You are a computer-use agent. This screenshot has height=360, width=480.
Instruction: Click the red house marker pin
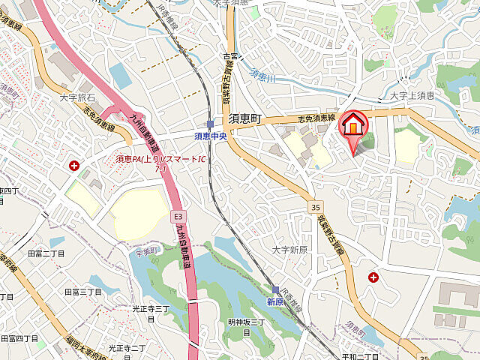coord(353,124)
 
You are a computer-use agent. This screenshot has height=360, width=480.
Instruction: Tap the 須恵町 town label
coord(244,118)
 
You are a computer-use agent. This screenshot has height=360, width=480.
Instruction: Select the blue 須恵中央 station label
coord(211,136)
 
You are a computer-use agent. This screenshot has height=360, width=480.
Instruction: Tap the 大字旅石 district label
coord(77,98)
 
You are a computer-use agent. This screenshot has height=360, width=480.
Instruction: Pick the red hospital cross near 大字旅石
coord(74,166)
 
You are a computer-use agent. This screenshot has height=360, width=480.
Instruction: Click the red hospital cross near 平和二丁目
coord(373,277)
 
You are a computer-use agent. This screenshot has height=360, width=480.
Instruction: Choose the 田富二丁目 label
coord(46,254)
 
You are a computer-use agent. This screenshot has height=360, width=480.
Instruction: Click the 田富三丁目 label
coord(82,291)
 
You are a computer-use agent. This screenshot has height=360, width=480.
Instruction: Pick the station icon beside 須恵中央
coord(211,124)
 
